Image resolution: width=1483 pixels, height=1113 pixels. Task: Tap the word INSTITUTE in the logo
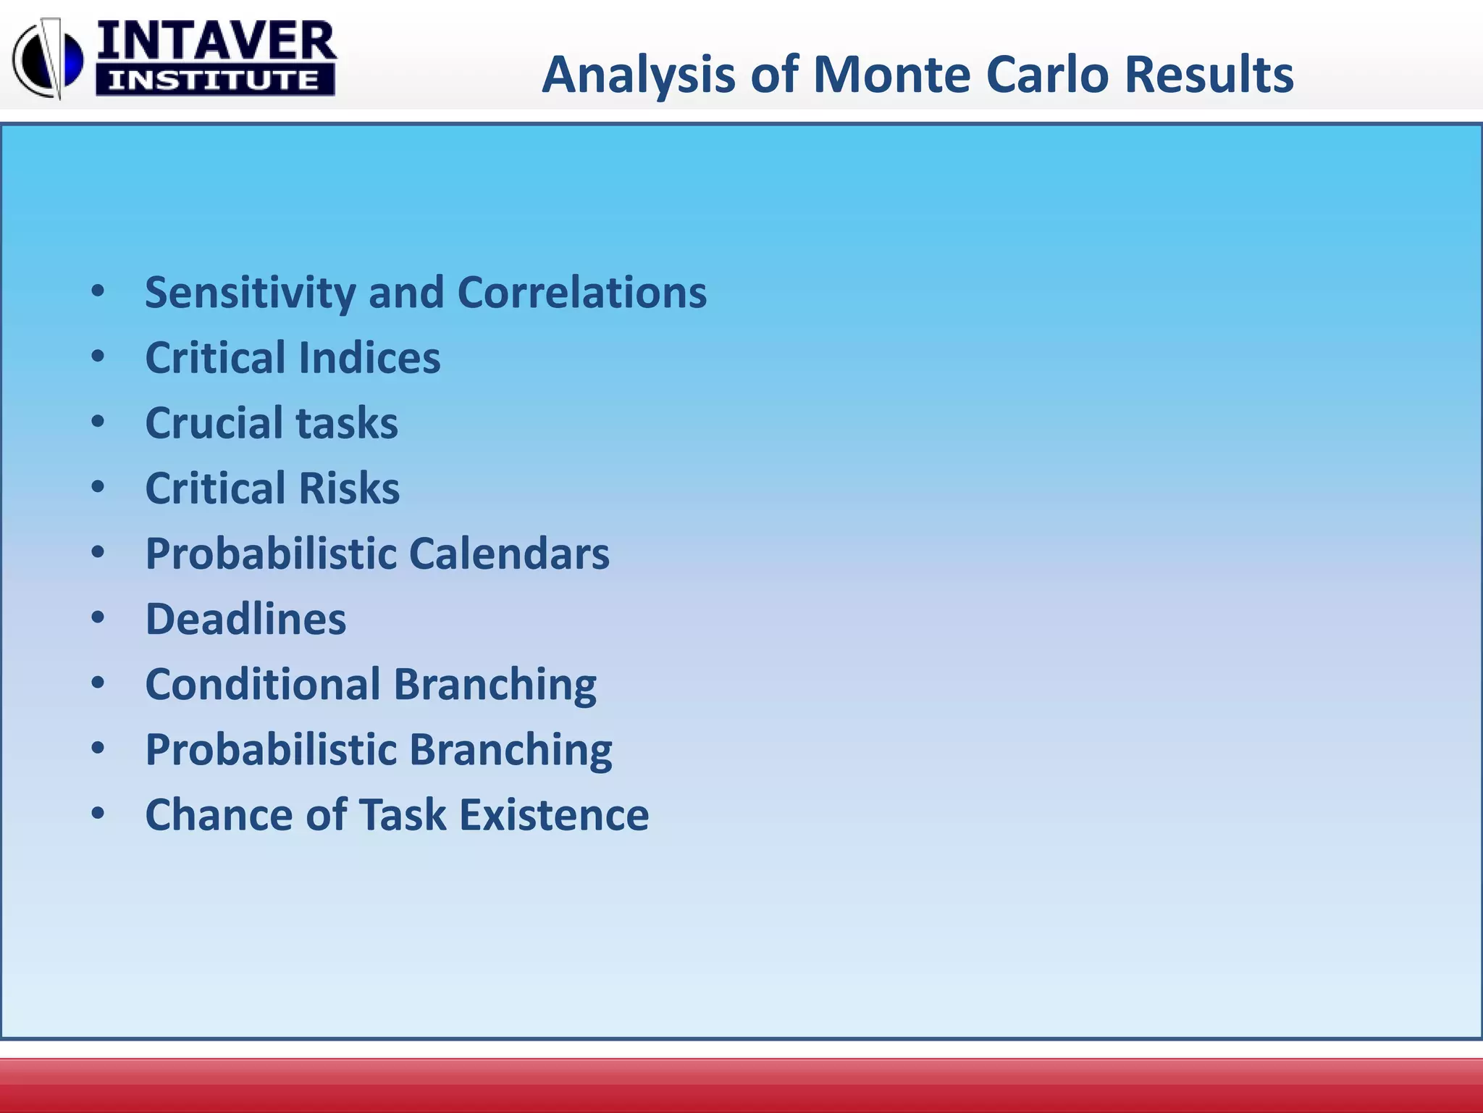pos(214,80)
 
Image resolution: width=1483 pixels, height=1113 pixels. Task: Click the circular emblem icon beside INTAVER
pos(48,59)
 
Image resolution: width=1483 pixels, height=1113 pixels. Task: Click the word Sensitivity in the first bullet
pos(250,293)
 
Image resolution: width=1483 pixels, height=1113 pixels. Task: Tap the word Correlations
pos(581,293)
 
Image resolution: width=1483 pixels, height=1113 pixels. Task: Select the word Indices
pos(369,358)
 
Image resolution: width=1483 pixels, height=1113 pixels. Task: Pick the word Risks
pos(348,488)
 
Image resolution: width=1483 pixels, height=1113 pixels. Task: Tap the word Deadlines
pos(245,620)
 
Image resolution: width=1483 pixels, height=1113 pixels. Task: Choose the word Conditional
pos(263,685)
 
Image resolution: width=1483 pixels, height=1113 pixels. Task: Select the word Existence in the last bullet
pos(554,815)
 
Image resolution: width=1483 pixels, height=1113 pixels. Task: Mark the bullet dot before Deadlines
pos(98,617)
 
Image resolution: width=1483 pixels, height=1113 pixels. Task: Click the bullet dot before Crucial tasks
pos(98,422)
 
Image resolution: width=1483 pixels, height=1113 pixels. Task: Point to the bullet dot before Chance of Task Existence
pos(98,813)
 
